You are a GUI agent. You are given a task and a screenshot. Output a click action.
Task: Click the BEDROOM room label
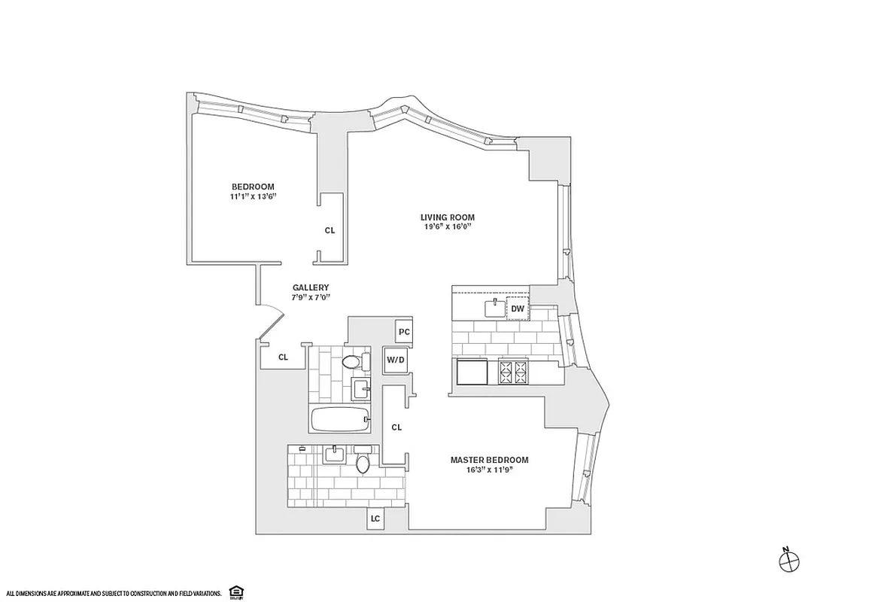point(252,187)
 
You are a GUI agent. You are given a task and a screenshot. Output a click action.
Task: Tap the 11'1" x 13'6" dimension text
point(252,196)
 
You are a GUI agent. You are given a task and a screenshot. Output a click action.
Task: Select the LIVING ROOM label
point(447,217)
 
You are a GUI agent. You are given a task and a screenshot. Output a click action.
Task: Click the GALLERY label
point(310,287)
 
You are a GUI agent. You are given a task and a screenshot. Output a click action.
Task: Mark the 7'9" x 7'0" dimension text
point(310,297)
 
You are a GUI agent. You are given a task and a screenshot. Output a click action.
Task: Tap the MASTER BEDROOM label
point(489,460)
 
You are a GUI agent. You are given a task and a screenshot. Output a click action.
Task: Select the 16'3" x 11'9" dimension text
point(489,470)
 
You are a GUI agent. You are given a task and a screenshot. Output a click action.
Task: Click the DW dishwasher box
point(517,309)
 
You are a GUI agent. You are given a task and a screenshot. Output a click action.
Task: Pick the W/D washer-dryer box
point(396,359)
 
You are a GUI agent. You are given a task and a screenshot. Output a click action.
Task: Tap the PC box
point(404,331)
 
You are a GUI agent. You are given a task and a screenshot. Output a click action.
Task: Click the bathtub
point(339,418)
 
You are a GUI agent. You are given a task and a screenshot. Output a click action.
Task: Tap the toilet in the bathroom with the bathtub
point(351,363)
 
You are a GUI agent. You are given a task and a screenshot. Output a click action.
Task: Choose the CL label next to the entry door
point(283,357)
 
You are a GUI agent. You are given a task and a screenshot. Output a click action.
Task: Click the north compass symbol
point(789,560)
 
